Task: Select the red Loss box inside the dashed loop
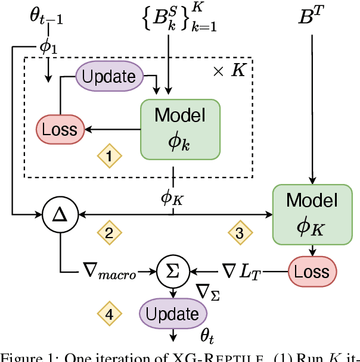60,129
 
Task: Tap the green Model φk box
179,129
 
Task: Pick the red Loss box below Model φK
312,271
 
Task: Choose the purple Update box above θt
173,314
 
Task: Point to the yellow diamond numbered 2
109,233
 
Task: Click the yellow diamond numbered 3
240,233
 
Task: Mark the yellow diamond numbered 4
110,313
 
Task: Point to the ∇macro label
110,273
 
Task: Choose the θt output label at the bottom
207,337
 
